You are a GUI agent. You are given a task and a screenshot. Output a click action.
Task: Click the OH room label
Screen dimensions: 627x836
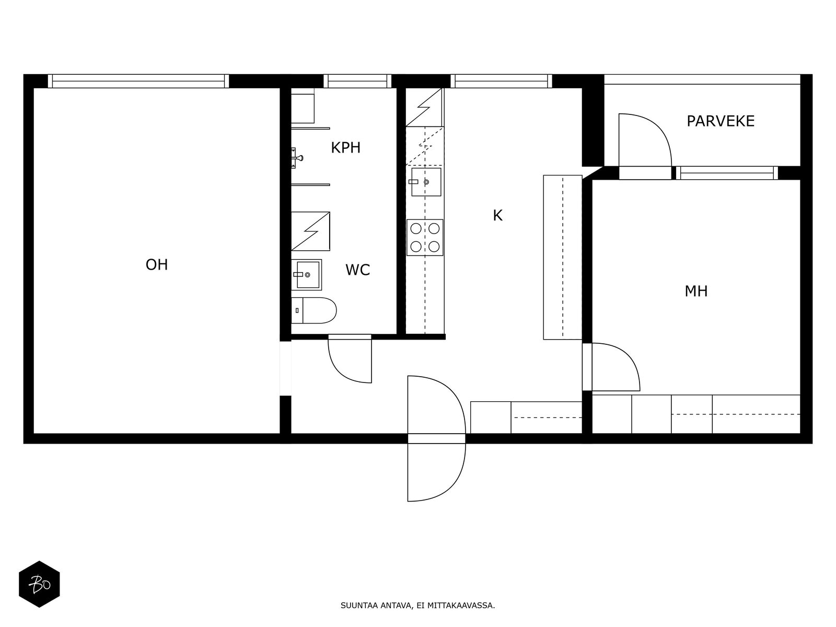(x=157, y=265)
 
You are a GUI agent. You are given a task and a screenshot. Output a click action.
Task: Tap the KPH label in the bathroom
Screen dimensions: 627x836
(x=345, y=148)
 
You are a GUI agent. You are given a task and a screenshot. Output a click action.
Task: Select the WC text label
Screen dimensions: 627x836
(x=357, y=270)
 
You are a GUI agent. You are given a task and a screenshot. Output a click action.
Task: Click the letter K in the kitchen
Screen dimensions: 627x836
(x=497, y=215)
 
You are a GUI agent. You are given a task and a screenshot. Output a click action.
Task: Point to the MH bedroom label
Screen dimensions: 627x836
(x=696, y=291)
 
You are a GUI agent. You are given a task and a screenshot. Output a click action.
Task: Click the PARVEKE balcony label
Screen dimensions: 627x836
(x=720, y=121)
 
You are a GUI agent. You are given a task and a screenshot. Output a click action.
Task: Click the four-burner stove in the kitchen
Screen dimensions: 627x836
(x=425, y=237)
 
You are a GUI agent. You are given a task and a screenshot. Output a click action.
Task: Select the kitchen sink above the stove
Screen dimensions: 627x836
(x=425, y=182)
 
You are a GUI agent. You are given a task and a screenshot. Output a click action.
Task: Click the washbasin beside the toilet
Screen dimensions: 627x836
(x=307, y=274)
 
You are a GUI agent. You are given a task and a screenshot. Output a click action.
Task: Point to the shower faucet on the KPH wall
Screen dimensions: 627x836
(x=297, y=156)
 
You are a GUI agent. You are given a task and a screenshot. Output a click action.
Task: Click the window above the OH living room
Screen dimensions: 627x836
(x=138, y=81)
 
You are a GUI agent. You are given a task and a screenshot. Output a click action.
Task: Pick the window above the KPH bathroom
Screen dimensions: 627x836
(x=357, y=81)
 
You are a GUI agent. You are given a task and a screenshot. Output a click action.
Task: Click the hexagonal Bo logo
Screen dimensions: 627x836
(x=39, y=584)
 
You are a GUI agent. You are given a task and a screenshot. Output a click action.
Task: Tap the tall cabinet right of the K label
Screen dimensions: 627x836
(x=562, y=257)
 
